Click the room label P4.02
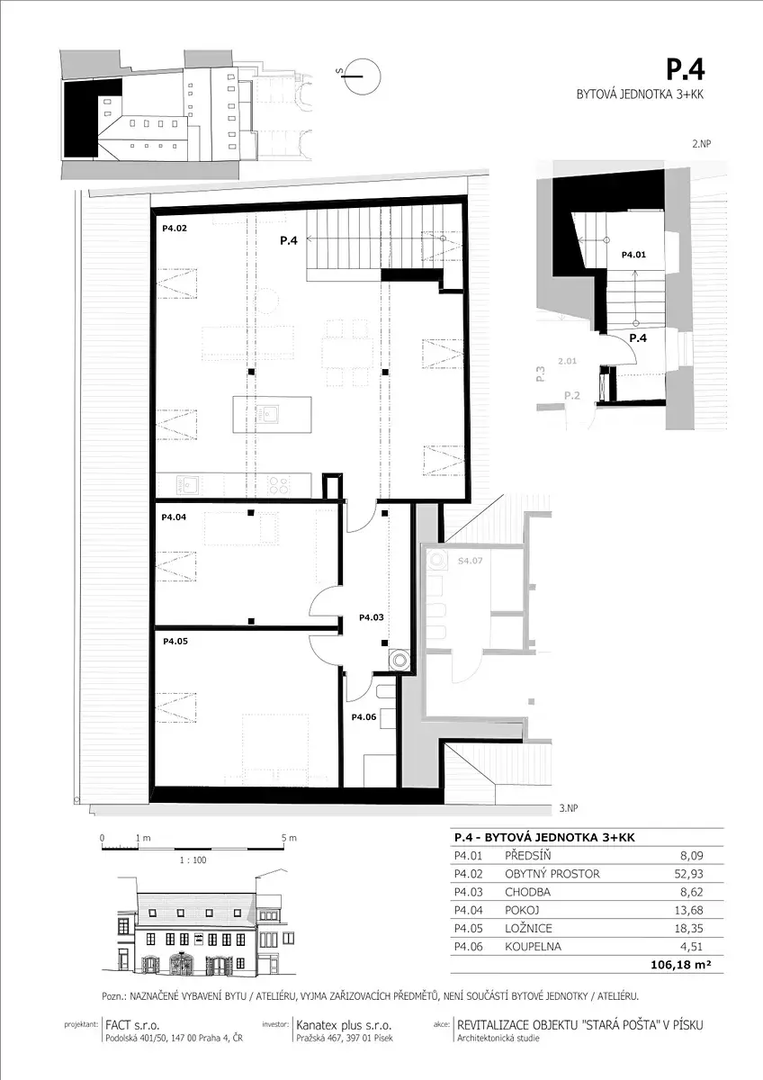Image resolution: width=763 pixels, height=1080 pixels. tap(174, 229)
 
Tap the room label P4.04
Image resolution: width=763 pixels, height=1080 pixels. tap(174, 517)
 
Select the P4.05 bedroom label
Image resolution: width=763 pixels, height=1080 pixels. tap(175, 641)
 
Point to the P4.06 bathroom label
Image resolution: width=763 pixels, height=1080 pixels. tap(364, 717)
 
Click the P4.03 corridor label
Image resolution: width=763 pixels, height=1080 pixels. tap(372, 617)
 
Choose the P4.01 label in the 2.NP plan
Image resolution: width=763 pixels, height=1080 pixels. tap(633, 255)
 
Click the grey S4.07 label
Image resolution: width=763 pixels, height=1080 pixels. tap(470, 561)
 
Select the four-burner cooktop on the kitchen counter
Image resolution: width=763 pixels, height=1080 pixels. tap(279, 484)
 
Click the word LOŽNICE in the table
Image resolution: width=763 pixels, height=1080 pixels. tap(528, 928)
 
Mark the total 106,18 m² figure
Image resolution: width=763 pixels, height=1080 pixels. tap(681, 964)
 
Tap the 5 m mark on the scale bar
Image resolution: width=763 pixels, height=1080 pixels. tap(289, 838)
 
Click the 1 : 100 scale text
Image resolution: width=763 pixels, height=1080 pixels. tap(193, 860)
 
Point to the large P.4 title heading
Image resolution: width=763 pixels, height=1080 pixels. tap(686, 70)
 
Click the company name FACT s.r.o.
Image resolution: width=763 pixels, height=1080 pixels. tap(132, 1025)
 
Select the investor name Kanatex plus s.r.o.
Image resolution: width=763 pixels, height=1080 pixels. tap(344, 1025)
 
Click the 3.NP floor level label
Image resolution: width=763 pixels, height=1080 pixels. tap(569, 808)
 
